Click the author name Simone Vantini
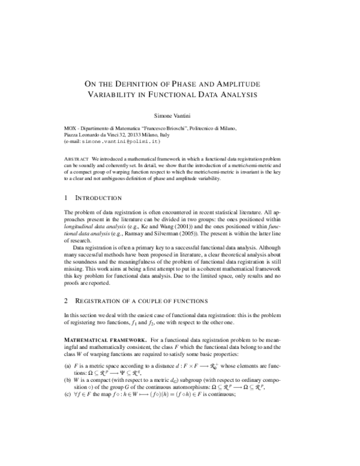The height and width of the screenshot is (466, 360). (x=179, y=113)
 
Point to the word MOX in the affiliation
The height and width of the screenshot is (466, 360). (x=71, y=129)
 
